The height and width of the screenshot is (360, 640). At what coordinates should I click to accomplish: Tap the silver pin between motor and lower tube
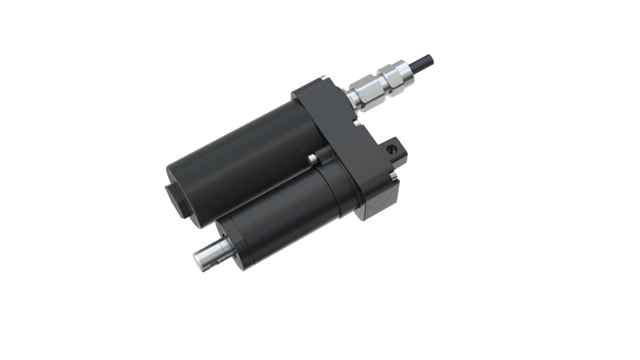tap(310, 161)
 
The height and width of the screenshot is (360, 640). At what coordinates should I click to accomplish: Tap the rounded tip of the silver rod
tap(198, 258)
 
